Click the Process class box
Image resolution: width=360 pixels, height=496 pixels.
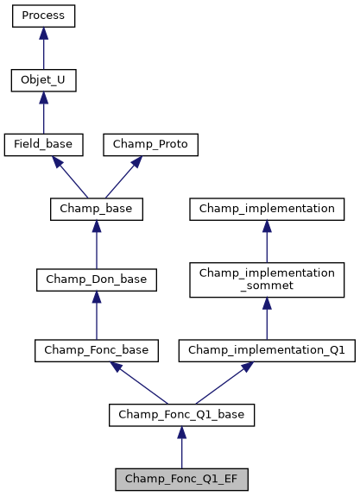[44, 16]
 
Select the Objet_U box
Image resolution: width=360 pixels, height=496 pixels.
[44, 81]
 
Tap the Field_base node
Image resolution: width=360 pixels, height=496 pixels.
[44, 145]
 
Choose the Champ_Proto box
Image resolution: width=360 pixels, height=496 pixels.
[151, 145]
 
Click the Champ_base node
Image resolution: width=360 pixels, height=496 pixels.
[96, 209]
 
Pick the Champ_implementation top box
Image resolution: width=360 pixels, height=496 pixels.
[267, 209]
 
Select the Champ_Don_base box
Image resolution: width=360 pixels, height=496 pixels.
[96, 279]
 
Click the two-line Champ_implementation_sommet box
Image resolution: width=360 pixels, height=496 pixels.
[267, 279]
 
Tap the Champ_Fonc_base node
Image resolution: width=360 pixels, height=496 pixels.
[96, 350]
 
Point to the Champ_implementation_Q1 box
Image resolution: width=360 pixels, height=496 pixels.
[267, 350]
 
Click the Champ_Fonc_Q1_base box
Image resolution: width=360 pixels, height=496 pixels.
[181, 415]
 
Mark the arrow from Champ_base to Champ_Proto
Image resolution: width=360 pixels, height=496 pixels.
[123, 178]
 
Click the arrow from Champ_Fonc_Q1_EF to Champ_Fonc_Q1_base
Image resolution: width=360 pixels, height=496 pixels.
[181, 447]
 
